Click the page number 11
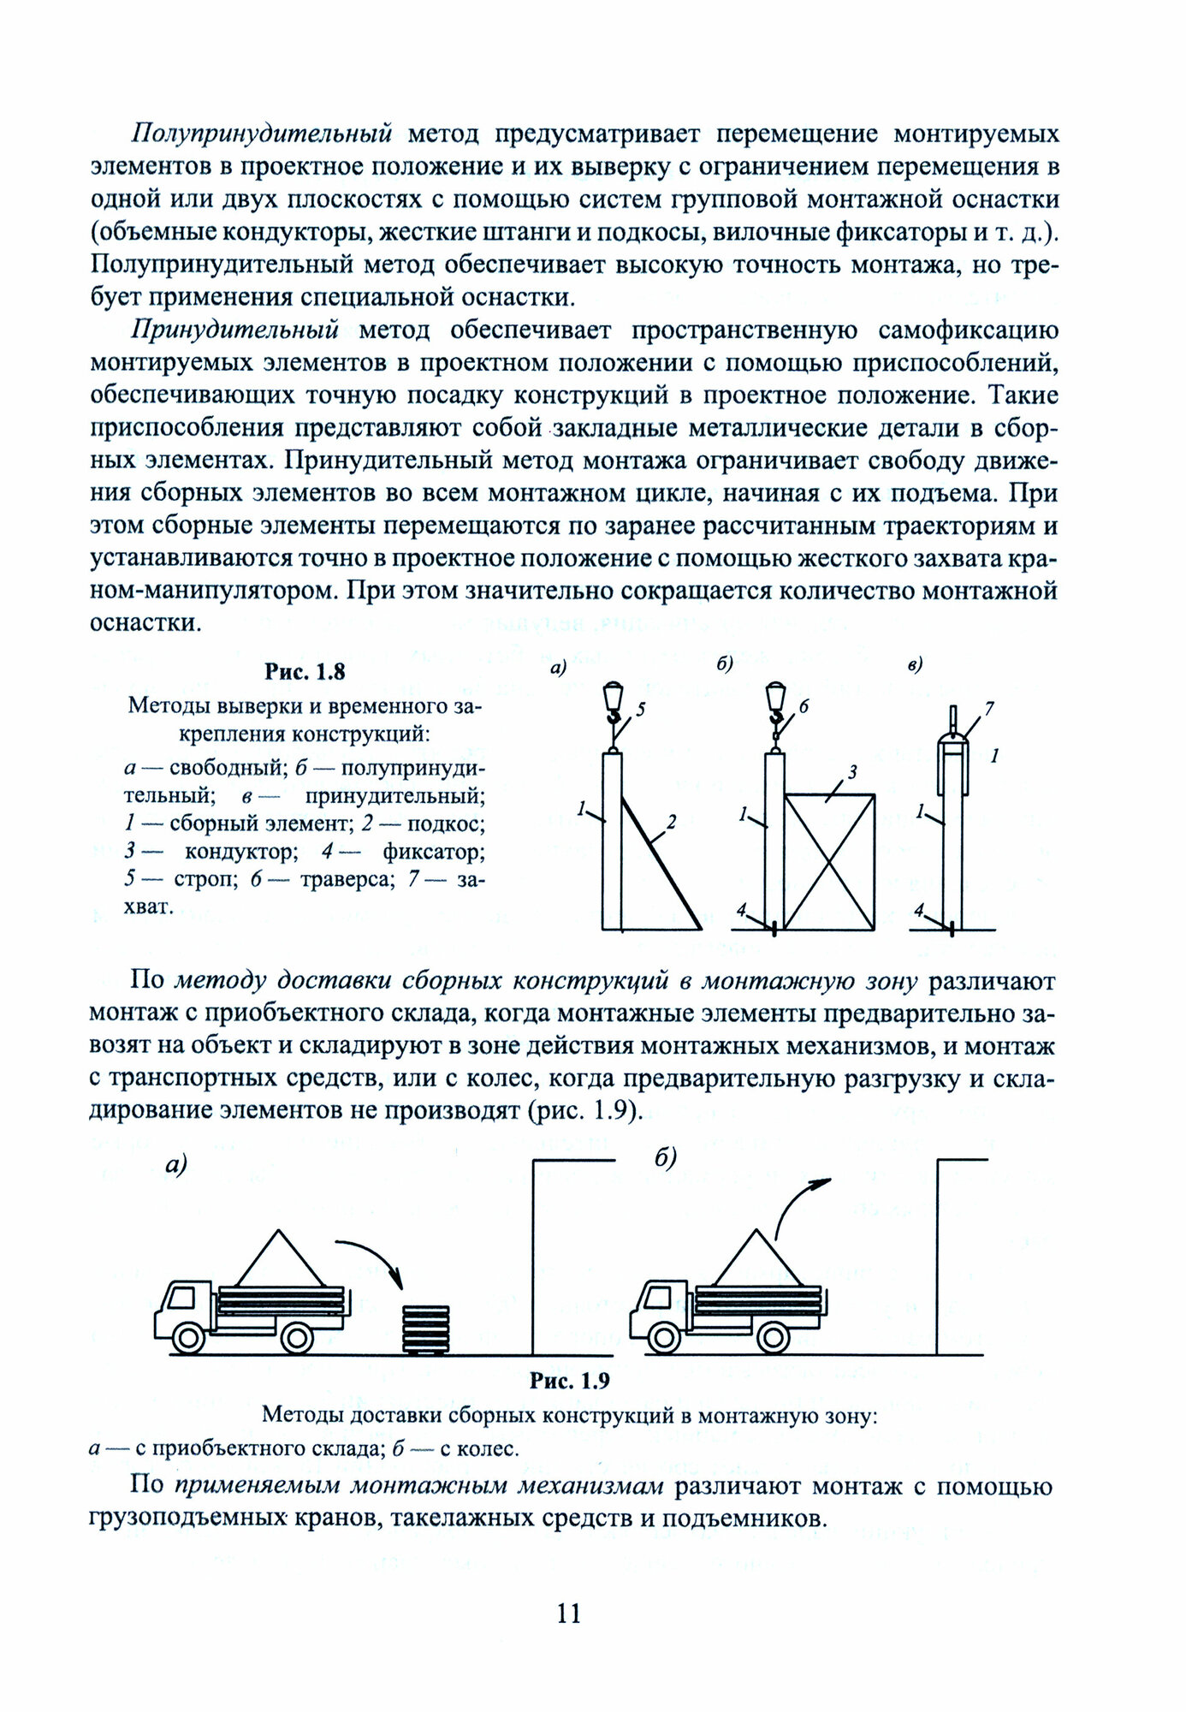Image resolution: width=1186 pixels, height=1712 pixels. (569, 1614)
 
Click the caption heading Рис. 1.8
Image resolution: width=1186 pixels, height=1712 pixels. (304, 672)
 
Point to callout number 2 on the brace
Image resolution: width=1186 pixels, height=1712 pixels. (672, 822)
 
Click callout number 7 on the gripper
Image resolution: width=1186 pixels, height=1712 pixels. (989, 708)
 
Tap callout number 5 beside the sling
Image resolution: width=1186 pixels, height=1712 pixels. (642, 708)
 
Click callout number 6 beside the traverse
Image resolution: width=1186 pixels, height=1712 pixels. (804, 706)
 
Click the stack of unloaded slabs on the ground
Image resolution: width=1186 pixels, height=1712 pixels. (425, 1329)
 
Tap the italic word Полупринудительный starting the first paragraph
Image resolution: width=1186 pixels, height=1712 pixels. (262, 134)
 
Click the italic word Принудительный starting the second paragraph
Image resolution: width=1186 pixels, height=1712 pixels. (235, 330)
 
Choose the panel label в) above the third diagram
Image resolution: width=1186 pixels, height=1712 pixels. (915, 663)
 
